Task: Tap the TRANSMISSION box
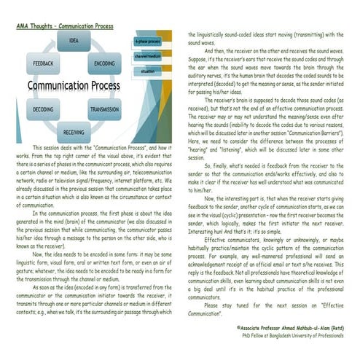[104, 109]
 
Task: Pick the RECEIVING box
[74, 133]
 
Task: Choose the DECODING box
[43, 109]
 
